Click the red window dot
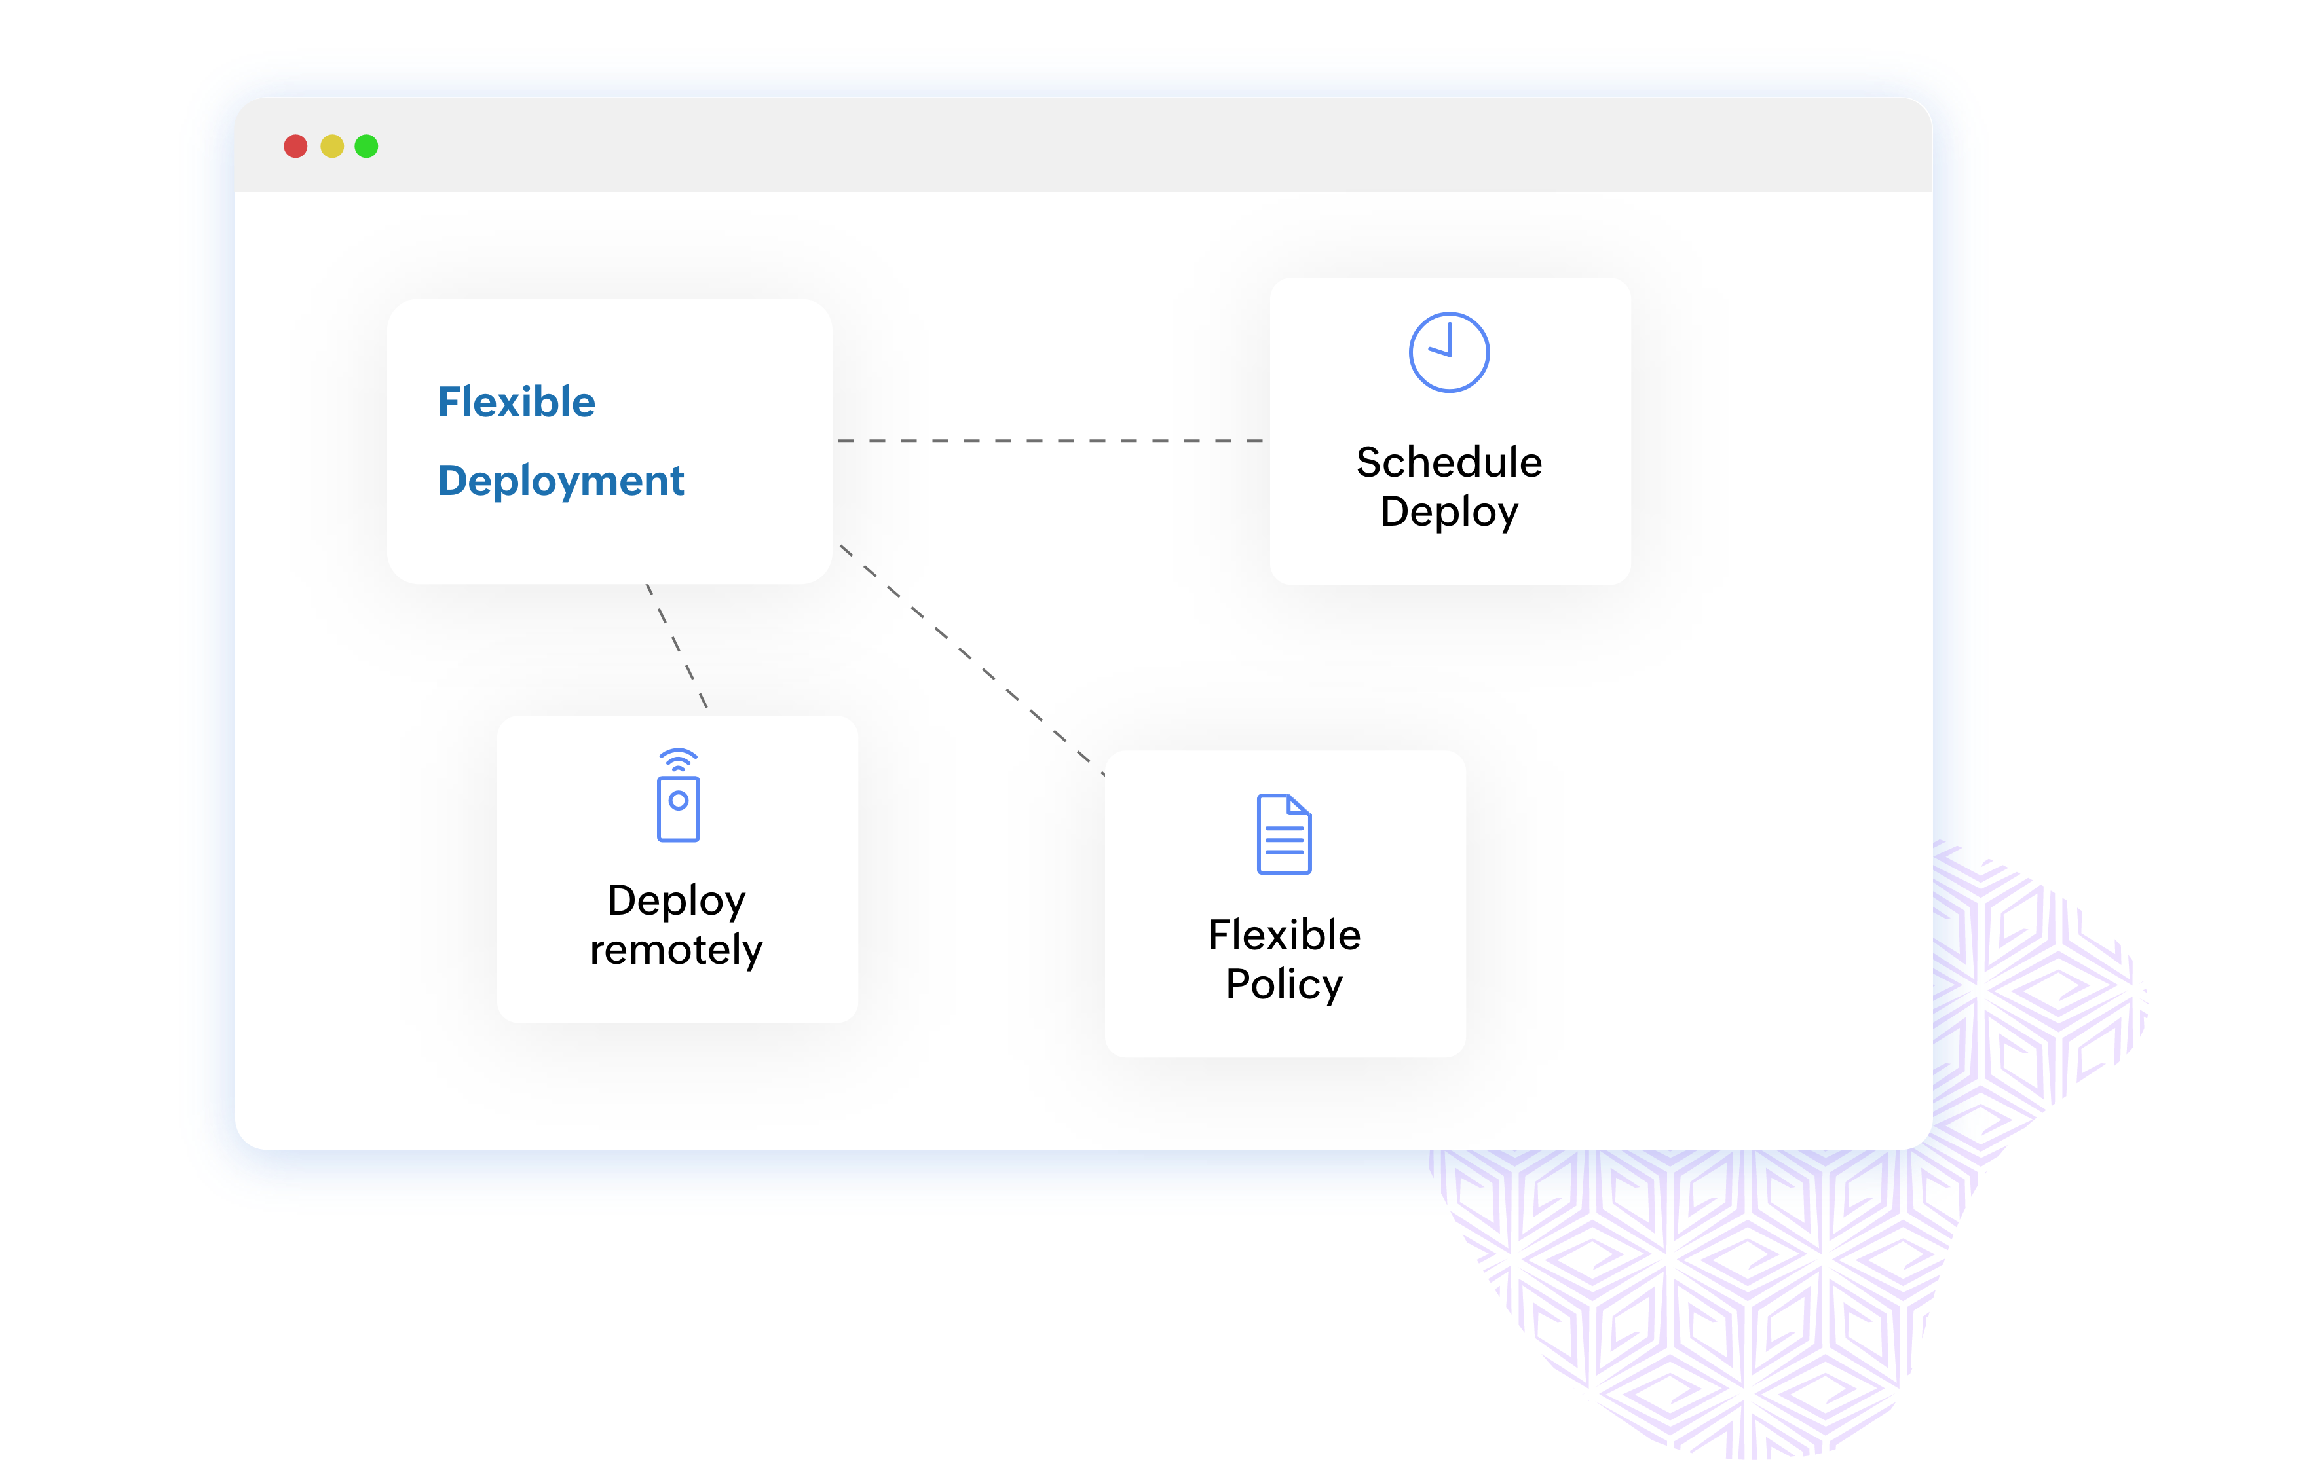pos(295,146)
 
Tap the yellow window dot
pos(331,146)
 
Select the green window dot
pos(366,146)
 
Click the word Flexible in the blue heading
pos(516,402)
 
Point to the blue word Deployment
pos(561,481)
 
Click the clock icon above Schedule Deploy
pos(1449,352)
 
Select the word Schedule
pos(1449,462)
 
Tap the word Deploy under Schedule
pos(1449,512)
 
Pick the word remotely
pos(676,950)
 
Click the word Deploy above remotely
pos(676,900)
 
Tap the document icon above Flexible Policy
pos(1284,834)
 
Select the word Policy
pos(1284,985)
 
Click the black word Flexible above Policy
pos(1284,935)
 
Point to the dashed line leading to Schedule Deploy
pos(1050,441)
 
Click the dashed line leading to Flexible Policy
pos(970,659)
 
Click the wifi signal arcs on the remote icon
pos(678,760)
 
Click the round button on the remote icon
pos(678,801)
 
